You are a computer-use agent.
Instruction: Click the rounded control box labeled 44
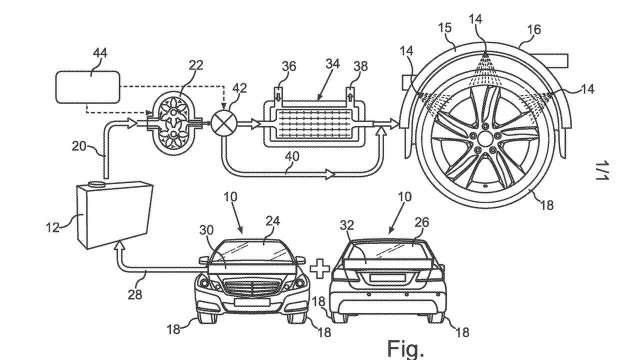point(88,87)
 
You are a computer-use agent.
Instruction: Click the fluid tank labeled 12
point(114,215)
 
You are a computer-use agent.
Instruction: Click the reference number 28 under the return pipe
point(135,294)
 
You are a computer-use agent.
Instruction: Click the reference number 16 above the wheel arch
point(534,29)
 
